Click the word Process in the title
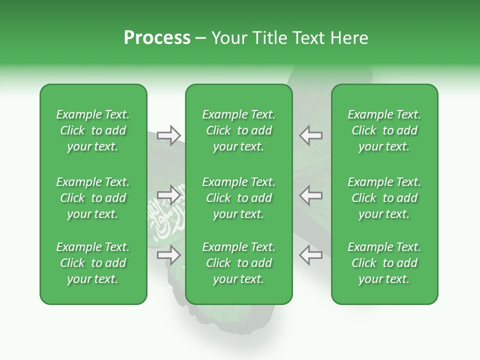157,37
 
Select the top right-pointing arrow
169,135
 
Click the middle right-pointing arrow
169,195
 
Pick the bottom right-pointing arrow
169,255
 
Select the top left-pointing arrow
310,135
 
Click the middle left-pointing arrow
310,195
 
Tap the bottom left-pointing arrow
310,255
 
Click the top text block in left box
93,130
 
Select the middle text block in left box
93,198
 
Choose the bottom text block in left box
93,263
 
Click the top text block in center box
238,130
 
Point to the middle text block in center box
238,198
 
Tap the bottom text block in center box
238,263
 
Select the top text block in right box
384,130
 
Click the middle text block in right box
384,198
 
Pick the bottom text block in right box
384,263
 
